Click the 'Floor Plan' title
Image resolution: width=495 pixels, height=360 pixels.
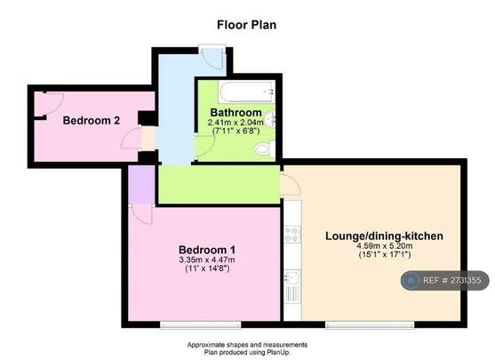click(x=247, y=25)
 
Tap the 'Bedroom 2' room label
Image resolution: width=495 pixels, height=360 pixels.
click(x=92, y=121)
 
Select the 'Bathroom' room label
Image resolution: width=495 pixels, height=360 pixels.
click(x=236, y=113)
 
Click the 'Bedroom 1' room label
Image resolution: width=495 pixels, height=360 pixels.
click(x=207, y=249)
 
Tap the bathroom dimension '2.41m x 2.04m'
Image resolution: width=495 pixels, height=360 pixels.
click(x=236, y=123)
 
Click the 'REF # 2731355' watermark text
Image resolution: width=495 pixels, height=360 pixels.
click(x=454, y=281)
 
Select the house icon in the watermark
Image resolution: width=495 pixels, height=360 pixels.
click(x=411, y=281)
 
